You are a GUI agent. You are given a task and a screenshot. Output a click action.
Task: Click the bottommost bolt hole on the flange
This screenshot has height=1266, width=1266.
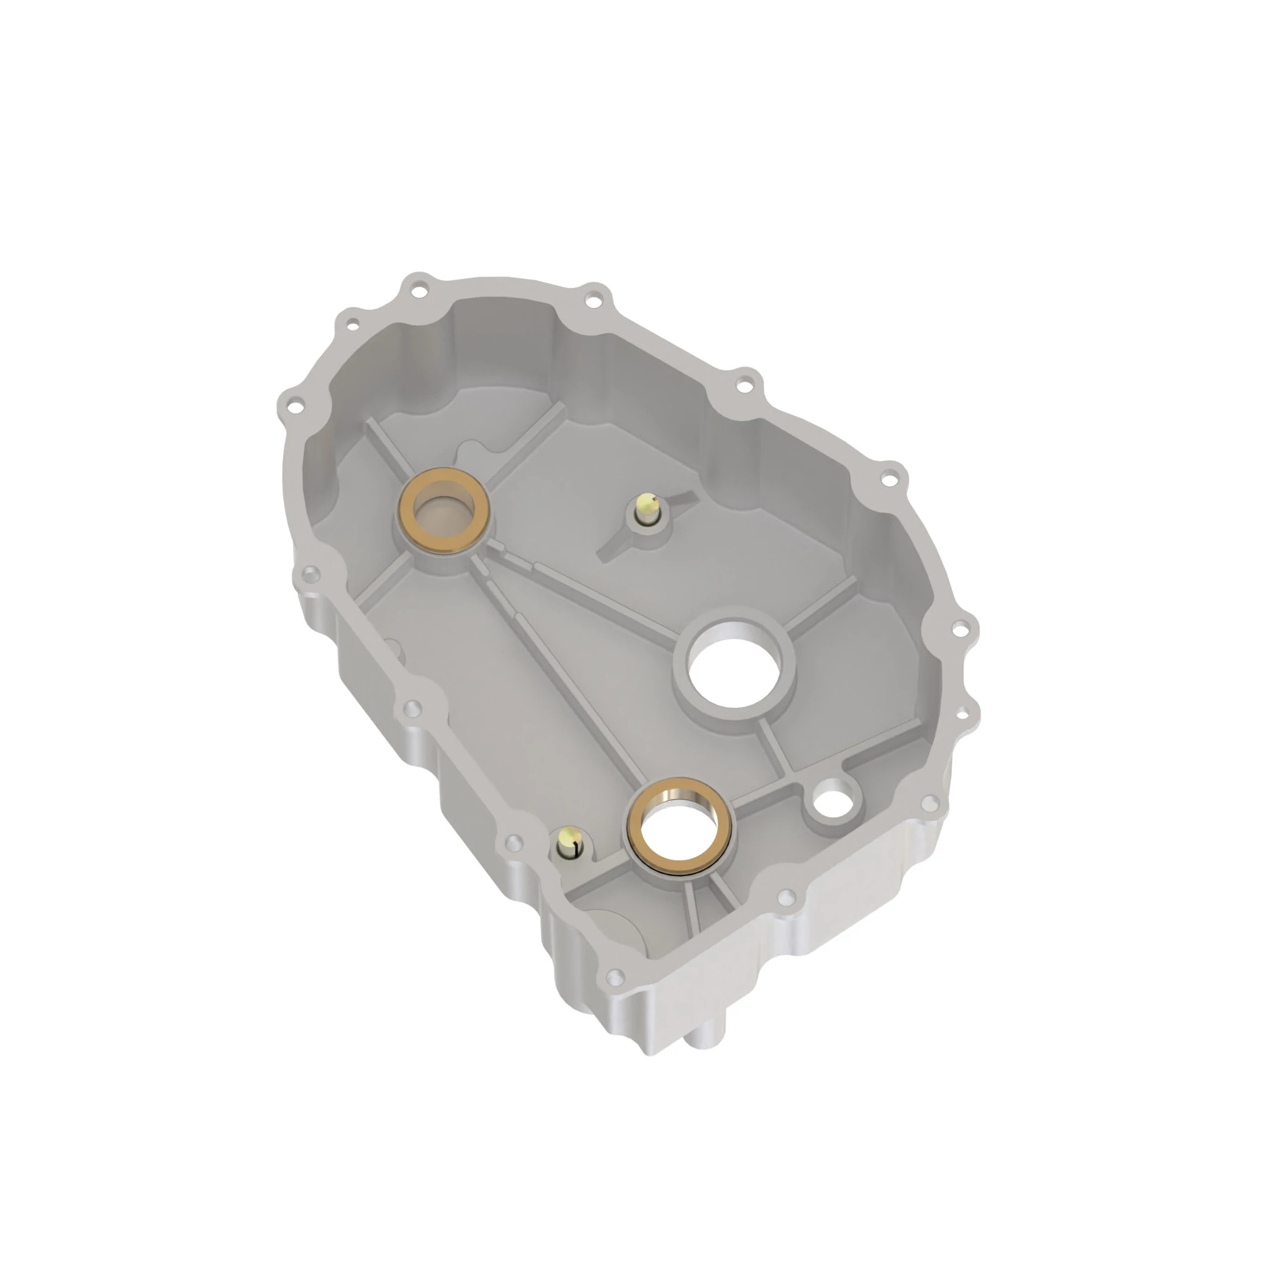(x=615, y=977)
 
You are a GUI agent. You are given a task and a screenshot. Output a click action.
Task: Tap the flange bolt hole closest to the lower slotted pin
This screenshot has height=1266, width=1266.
(x=515, y=841)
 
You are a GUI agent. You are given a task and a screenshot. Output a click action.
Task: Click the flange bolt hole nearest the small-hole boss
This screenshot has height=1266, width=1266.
(x=928, y=803)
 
